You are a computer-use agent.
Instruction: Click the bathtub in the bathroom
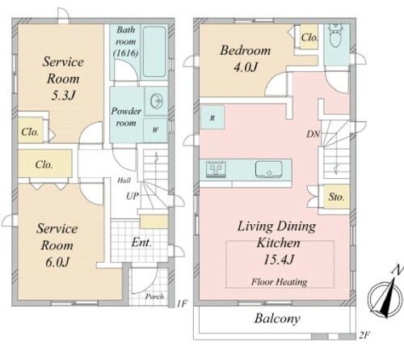[x=154, y=52]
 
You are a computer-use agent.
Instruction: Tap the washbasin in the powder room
[x=157, y=101]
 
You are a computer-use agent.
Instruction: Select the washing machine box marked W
[x=155, y=130]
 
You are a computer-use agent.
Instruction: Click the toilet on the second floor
[x=335, y=35]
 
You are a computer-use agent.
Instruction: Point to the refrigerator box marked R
[x=213, y=117]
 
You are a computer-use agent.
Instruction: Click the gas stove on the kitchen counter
[x=216, y=169]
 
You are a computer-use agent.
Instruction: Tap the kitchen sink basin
[x=268, y=169]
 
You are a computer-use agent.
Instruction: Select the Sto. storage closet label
[x=336, y=197]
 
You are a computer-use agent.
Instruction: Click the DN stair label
[x=314, y=134]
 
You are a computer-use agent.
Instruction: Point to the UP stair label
[x=133, y=196]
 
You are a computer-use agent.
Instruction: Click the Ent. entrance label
[x=141, y=243]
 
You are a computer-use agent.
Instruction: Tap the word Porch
[x=154, y=296]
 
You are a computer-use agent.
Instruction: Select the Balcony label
[x=277, y=319]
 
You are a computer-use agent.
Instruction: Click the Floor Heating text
[x=280, y=282]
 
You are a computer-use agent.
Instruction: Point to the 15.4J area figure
[x=278, y=260]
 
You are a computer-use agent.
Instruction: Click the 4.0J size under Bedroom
[x=246, y=67]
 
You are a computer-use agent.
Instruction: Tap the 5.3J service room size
[x=63, y=95]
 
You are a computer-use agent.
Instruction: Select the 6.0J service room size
[x=57, y=262]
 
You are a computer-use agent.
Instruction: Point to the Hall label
[x=124, y=180]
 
